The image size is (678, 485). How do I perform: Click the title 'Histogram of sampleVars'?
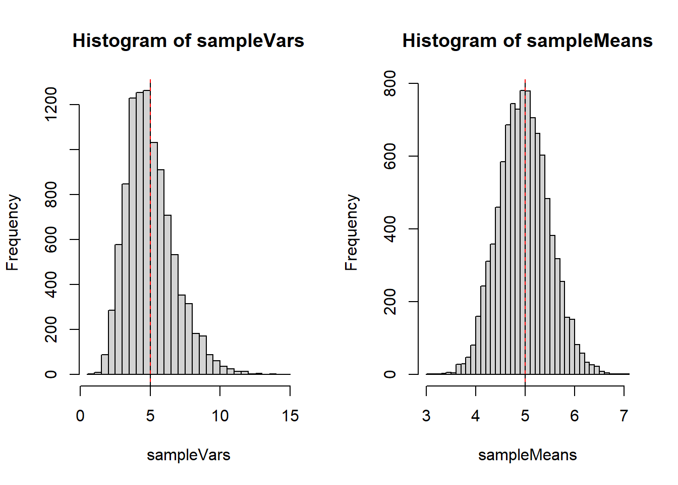[188, 40]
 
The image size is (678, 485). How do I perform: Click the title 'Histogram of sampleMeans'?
[527, 40]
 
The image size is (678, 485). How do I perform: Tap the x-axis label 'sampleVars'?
[188, 455]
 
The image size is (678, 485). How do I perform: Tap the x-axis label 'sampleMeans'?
[527, 455]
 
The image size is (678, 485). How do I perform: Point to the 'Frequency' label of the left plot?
[12, 232]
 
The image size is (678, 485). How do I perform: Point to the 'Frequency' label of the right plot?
[351, 232]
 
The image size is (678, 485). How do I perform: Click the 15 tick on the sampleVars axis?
[290, 416]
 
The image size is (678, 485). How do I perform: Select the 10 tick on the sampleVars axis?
[220, 416]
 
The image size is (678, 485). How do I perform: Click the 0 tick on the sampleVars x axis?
[80, 416]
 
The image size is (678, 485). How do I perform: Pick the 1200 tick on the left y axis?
[51, 105]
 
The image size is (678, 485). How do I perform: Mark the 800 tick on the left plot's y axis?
[51, 195]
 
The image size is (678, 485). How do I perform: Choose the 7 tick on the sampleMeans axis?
[624, 416]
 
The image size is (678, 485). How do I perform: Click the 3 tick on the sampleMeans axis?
[426, 416]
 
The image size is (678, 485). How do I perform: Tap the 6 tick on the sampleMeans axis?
[575, 416]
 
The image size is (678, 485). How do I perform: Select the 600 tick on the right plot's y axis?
[390, 156]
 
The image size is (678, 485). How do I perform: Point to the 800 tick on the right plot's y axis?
[390, 83]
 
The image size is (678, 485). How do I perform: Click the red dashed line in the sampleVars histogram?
[150, 227]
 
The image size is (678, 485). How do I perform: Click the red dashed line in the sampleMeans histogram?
[525, 227]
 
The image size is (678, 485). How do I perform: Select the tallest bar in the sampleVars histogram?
[147, 232]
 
